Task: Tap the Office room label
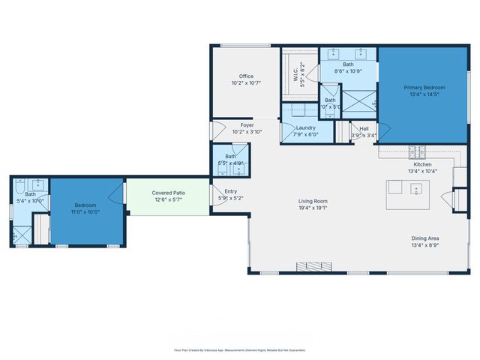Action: tap(246, 76)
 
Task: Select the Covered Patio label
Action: tap(169, 193)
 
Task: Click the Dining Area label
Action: tap(425, 237)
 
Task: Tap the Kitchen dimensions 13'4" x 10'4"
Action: tap(423, 171)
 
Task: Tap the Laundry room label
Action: tap(305, 128)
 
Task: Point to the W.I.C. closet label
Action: tap(296, 75)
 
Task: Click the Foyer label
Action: tap(247, 124)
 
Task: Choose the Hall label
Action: tap(364, 129)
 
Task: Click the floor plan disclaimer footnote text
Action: tap(239, 349)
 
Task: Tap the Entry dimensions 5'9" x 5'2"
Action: tap(231, 198)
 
